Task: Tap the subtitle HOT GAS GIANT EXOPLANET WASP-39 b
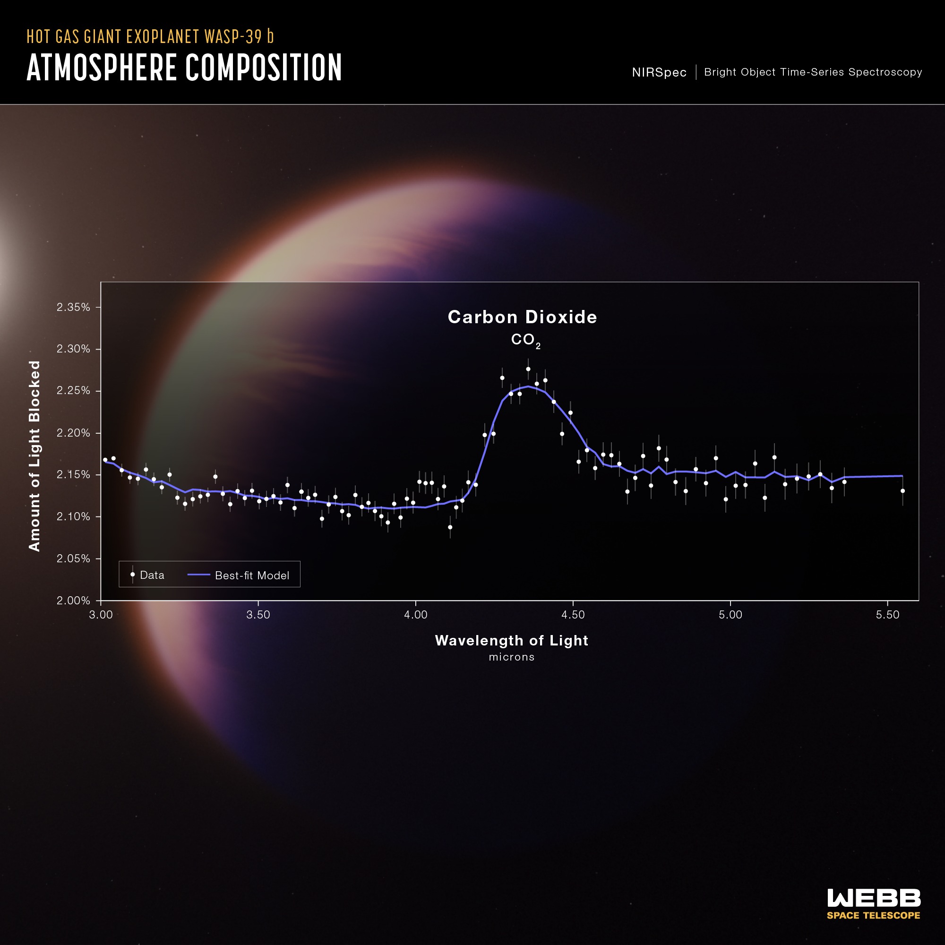(150, 37)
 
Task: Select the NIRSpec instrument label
(659, 72)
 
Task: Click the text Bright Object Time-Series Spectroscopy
(813, 72)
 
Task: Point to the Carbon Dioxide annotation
(523, 317)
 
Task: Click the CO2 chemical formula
(525, 340)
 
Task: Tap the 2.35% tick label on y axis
(73, 307)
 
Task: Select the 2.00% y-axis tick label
(73, 600)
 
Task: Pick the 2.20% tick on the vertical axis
(73, 433)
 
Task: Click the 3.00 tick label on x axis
(101, 615)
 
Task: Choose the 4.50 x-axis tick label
(573, 615)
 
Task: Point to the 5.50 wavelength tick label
(887, 615)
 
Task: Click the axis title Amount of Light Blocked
(34, 456)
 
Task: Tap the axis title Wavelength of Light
(511, 640)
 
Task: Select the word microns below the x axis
(511, 657)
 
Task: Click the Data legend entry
(147, 575)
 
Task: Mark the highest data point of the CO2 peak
(528, 369)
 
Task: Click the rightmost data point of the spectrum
(902, 490)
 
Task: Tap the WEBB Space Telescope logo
(874, 904)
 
